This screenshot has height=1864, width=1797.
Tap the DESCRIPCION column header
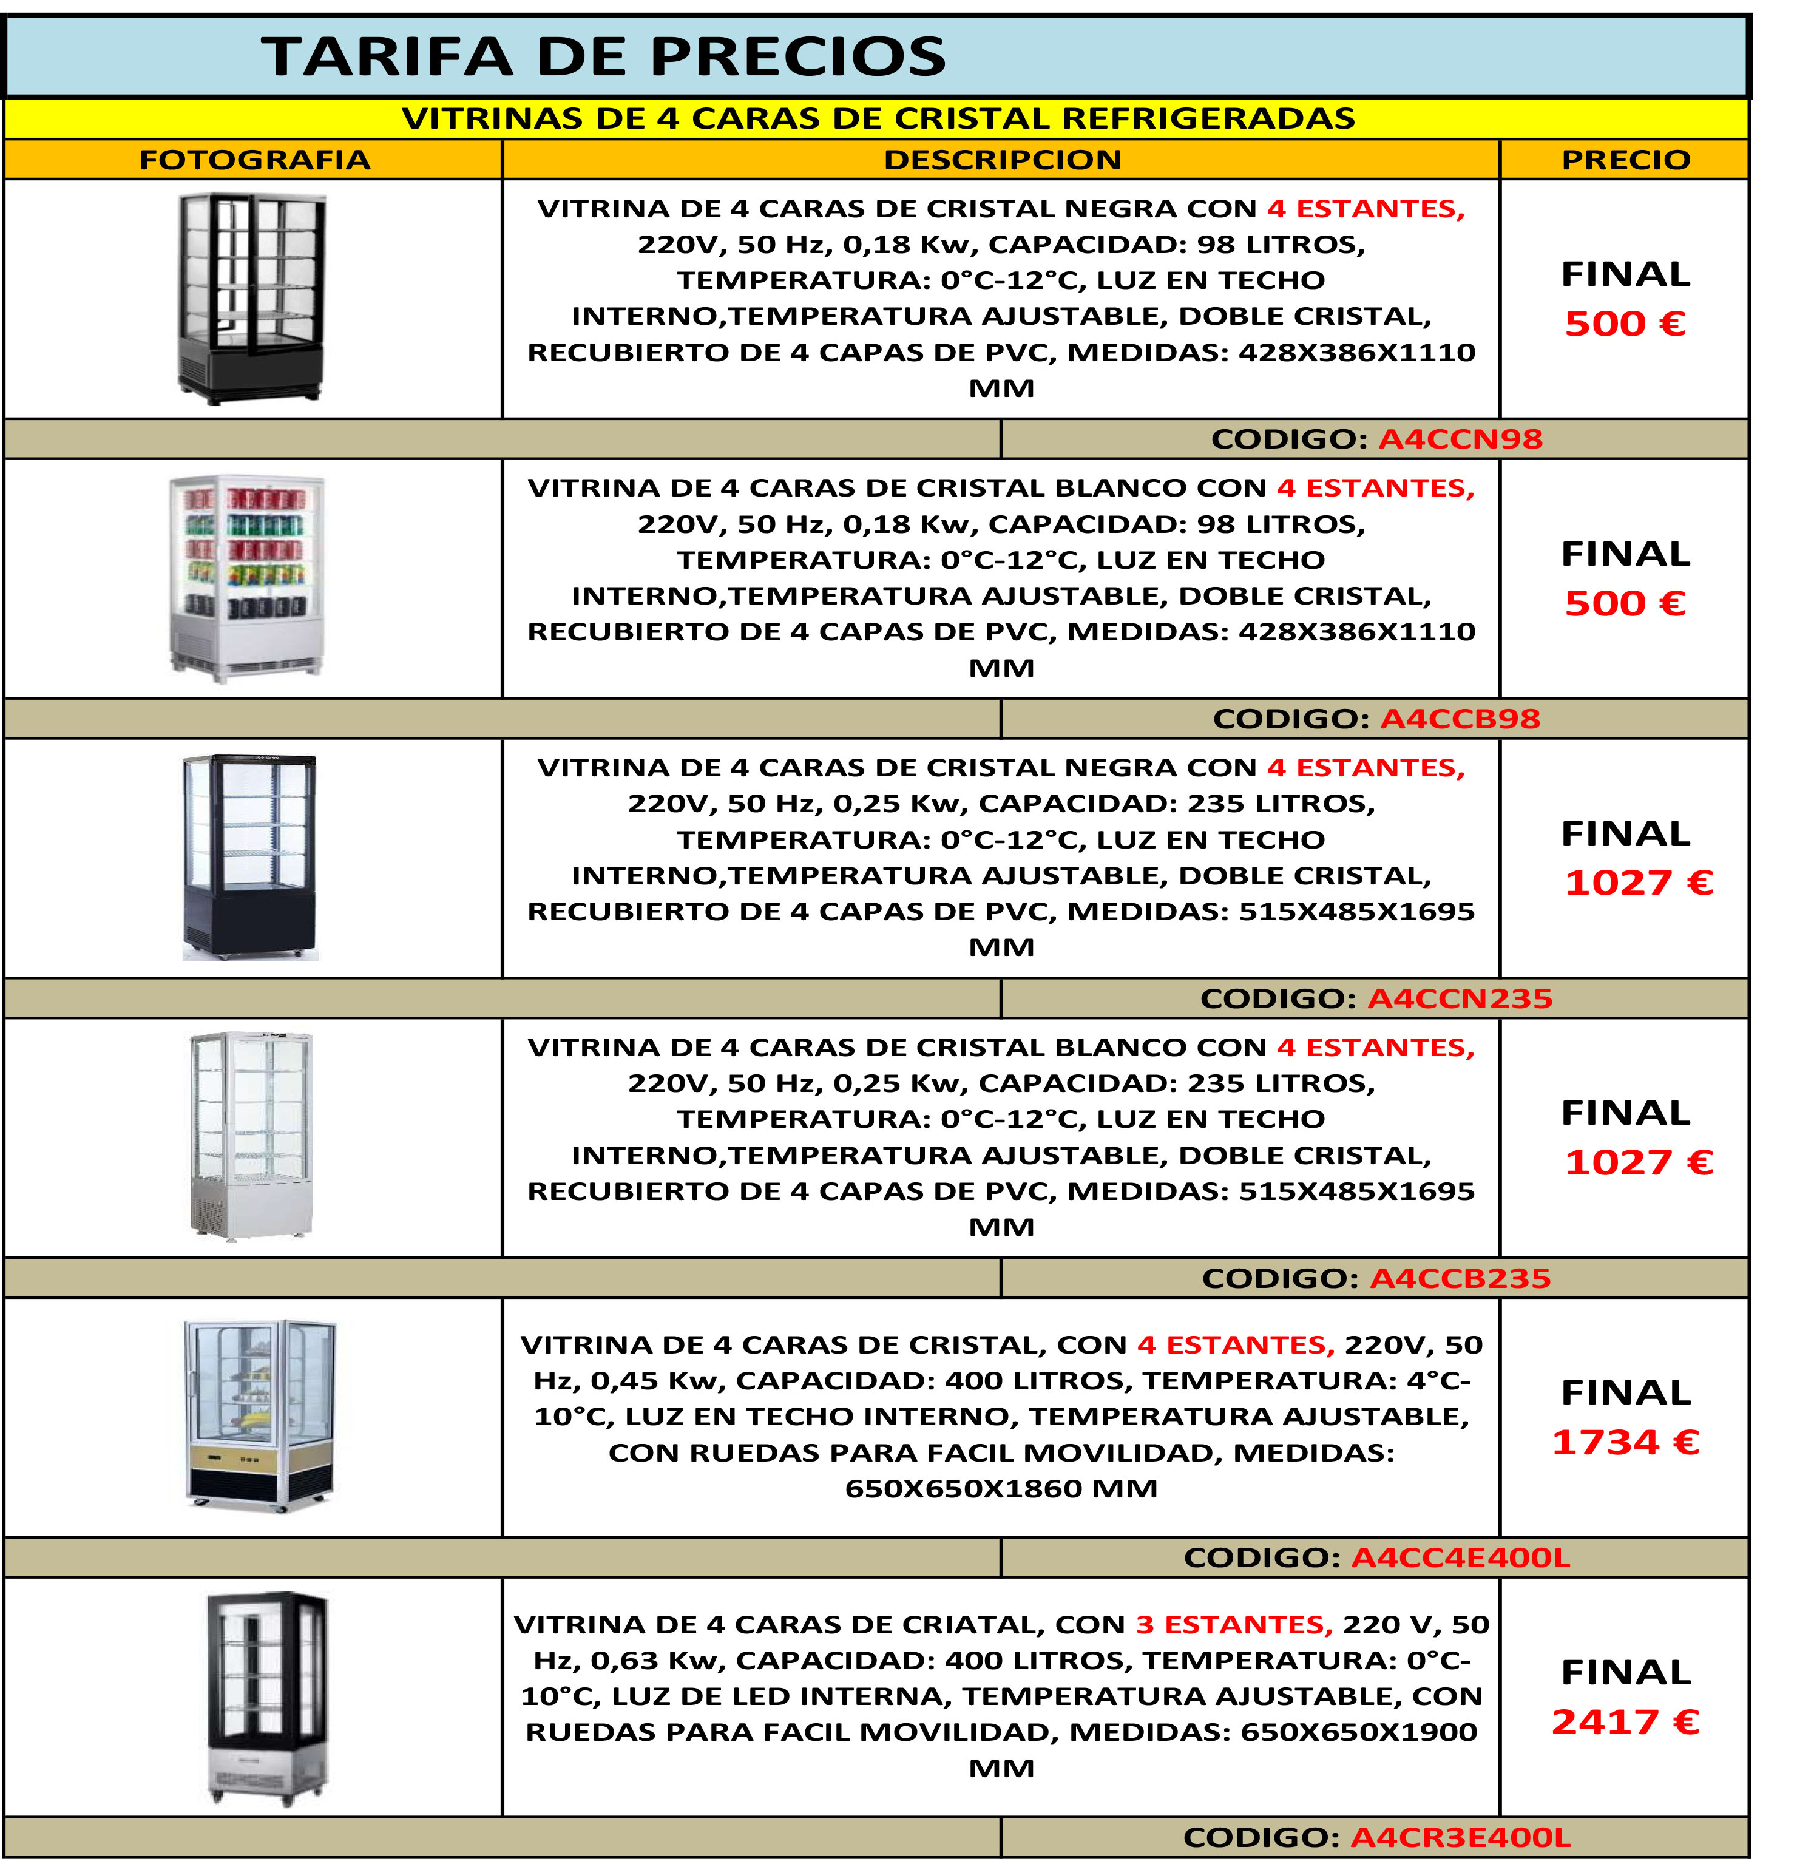coord(1002,160)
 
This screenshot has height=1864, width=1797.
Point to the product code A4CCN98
coord(1460,439)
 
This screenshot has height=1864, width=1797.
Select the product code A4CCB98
coord(1460,719)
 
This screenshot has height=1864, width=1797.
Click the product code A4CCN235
coord(1460,998)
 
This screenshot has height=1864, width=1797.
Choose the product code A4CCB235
coord(1460,1278)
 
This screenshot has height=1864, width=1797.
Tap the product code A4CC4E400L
coord(1460,1557)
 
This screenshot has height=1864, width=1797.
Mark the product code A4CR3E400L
coord(1460,1837)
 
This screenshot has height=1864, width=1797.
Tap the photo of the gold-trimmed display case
coord(259,1415)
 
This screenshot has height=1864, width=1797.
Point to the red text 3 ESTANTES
coord(1234,1625)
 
